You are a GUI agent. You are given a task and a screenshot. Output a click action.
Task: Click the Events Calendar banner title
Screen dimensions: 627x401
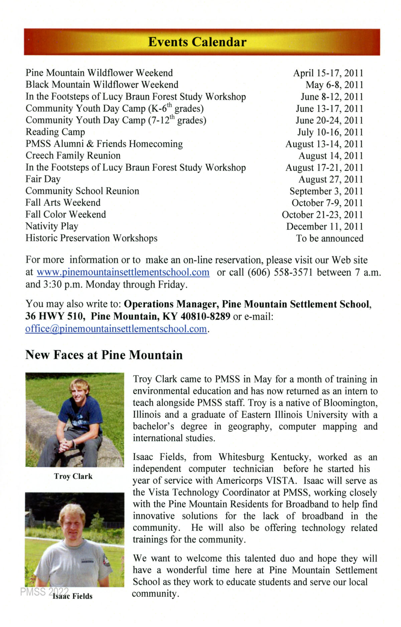(197, 42)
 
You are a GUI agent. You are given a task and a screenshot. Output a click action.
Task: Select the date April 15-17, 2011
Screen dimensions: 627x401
(328, 73)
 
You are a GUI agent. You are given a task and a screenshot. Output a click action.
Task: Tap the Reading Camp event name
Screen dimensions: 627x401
(55, 132)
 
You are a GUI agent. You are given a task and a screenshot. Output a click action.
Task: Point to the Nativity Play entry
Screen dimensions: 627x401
(52, 227)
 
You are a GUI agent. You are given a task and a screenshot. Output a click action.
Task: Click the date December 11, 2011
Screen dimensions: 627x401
(324, 227)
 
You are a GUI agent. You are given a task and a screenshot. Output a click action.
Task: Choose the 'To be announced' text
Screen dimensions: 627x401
(329, 239)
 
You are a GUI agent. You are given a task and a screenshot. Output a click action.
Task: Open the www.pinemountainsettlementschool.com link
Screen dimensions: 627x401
(123, 272)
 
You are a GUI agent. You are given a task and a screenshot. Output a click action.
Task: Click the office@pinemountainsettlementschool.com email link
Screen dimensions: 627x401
(116, 329)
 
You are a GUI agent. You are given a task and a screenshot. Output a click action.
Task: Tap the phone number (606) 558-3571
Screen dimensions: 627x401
(280, 272)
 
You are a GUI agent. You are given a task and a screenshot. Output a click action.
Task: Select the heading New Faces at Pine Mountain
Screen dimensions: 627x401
(104, 355)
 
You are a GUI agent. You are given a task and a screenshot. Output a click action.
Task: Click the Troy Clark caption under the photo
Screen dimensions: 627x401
(73, 476)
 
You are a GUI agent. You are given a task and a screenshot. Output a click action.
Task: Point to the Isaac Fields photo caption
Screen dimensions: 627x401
(73, 596)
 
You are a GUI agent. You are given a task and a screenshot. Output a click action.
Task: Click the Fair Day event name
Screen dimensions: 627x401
(43, 179)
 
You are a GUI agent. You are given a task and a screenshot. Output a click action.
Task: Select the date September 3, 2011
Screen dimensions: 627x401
(326, 191)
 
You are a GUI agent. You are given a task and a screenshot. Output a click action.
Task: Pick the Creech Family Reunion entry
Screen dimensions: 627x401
(73, 156)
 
